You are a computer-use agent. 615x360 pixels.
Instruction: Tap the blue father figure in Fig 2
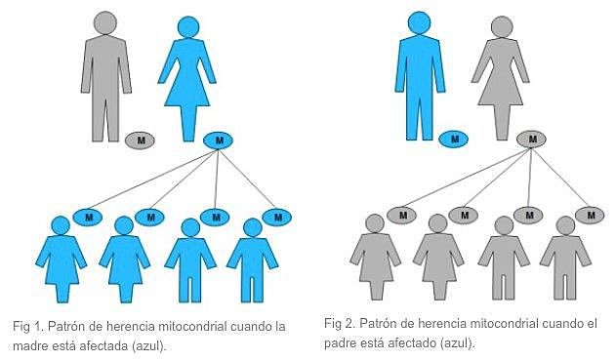pos(420,73)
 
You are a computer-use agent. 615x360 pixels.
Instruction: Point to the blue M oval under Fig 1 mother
pos(219,140)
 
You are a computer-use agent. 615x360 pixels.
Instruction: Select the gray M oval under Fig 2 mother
pos(532,139)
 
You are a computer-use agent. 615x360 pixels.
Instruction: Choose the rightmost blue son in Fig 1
pos(253,259)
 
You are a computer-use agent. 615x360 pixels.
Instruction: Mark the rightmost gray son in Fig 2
pos(565,259)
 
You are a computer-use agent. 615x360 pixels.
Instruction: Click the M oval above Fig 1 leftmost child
pos(88,216)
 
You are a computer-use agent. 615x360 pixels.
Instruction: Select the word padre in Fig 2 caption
pos(342,342)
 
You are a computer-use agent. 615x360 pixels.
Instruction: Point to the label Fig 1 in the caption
pos(25,327)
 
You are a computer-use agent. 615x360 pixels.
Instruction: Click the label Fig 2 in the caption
pos(339,323)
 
